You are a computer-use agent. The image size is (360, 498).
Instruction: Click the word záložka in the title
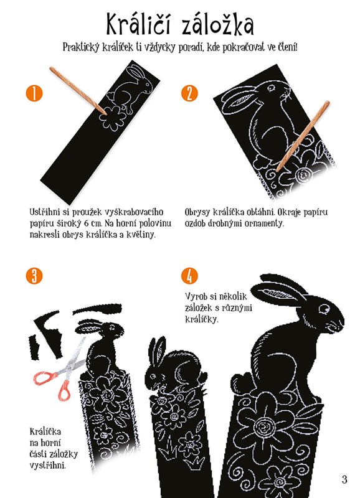click(217, 24)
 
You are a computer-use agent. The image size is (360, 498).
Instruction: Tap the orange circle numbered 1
click(34, 93)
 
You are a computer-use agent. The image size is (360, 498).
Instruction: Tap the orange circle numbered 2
click(189, 93)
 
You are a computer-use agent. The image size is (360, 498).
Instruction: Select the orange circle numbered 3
click(34, 276)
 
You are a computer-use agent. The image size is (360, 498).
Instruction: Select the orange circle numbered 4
click(189, 276)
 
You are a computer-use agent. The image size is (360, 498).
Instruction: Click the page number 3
click(344, 479)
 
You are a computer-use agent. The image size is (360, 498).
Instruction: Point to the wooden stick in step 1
click(78, 91)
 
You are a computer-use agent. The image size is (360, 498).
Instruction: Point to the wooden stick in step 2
click(303, 136)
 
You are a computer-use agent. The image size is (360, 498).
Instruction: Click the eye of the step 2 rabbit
click(271, 87)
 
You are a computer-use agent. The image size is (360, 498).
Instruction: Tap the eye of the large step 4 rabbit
click(324, 308)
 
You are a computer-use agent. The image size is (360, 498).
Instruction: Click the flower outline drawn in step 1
click(113, 118)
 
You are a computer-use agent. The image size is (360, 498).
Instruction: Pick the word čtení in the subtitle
click(288, 47)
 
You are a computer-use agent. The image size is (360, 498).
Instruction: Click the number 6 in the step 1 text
click(87, 223)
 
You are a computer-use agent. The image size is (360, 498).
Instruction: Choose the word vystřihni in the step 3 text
click(48, 466)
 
